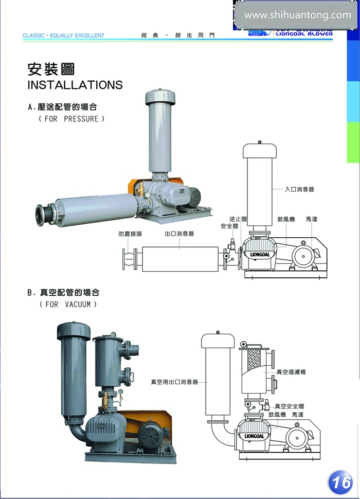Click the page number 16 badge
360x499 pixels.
click(340, 482)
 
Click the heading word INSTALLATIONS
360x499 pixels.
click(75, 85)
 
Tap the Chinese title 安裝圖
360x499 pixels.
click(51, 69)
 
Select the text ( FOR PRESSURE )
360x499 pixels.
click(71, 119)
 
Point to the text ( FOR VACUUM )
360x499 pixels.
click(68, 304)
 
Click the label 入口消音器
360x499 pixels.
click(299, 189)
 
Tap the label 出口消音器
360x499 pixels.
click(179, 234)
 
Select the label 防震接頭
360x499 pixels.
click(130, 234)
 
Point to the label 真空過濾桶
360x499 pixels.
click(291, 372)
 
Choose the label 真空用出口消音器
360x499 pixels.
click(174, 382)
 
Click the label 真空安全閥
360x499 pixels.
click(290, 406)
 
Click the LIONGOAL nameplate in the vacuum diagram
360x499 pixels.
click(254, 436)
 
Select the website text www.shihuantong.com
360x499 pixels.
click(297, 15)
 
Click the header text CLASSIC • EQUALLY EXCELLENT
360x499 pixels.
click(63, 35)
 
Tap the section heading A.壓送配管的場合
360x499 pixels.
click(62, 107)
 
